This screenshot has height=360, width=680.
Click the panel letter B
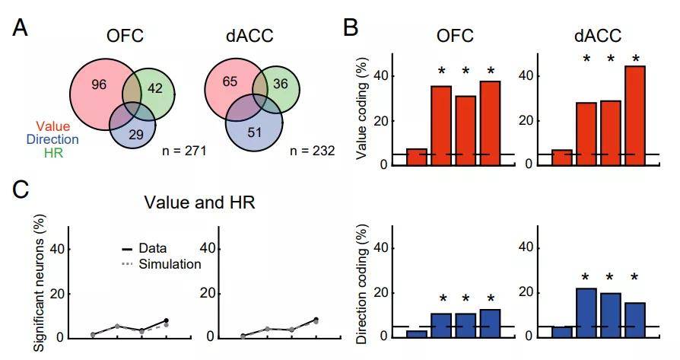pyautogui.click(x=351, y=28)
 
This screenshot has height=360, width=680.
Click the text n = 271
pyautogui.click(x=186, y=151)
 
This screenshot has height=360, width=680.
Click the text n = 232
pyautogui.click(x=313, y=151)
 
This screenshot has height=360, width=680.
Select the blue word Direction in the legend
pyautogui.click(x=52, y=139)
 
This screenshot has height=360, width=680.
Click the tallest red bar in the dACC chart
pyautogui.click(x=635, y=115)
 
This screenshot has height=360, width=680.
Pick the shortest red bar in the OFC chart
pyautogui.click(x=416, y=157)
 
